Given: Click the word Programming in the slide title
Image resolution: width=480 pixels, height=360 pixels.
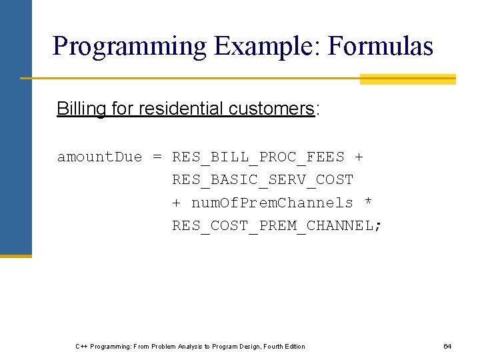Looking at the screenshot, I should pyautogui.click(x=130, y=47).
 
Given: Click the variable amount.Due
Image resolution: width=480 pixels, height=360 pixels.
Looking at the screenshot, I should pyautogui.click(x=100, y=157).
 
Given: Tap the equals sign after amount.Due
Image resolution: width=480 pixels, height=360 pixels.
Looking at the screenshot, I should pyautogui.click(x=157, y=157).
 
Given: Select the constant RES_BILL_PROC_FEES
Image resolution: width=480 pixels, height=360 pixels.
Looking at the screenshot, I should pyautogui.click(x=258, y=157).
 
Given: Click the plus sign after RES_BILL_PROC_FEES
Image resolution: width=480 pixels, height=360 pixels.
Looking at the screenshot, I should pyautogui.click(x=359, y=157).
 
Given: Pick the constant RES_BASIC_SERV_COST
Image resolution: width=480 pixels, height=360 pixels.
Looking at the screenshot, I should pyautogui.click(x=263, y=180).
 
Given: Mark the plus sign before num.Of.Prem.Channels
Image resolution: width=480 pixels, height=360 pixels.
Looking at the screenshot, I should pyautogui.click(x=177, y=203).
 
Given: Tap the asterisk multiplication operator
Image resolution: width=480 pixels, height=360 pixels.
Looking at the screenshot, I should pyautogui.click(x=369, y=203).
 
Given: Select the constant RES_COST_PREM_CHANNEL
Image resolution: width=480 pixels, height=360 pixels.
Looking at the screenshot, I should pyautogui.click(x=272, y=225).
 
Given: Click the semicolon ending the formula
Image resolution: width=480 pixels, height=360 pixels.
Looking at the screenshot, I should pyautogui.click(x=379, y=226).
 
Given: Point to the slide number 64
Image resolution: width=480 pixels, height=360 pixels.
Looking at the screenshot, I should pyautogui.click(x=447, y=346).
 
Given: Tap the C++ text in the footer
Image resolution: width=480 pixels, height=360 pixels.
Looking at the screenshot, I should pyautogui.click(x=81, y=346).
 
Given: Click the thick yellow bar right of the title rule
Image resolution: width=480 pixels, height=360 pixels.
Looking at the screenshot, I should pyautogui.click(x=407, y=79).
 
